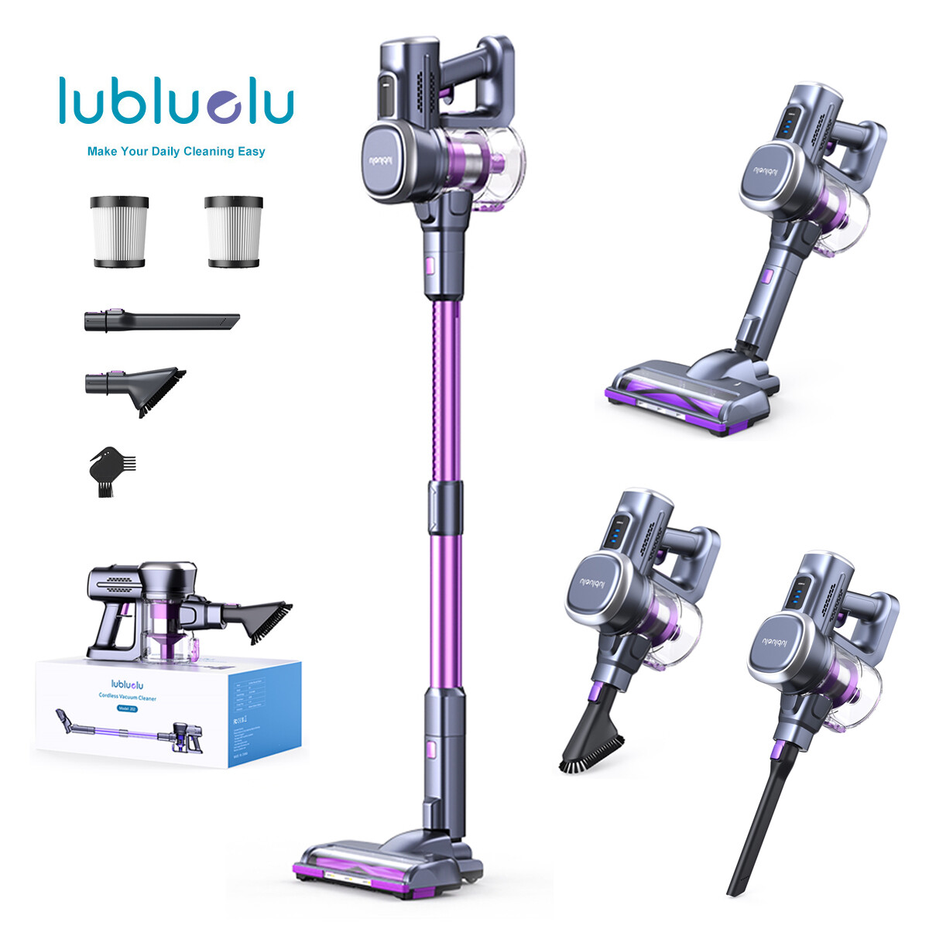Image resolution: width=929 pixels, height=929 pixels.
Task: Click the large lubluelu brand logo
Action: [177, 101]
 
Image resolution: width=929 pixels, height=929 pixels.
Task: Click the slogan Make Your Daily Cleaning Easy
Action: [177, 152]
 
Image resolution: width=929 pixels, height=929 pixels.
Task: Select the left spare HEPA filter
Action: [118, 231]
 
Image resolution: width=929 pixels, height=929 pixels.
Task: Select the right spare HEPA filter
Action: [233, 231]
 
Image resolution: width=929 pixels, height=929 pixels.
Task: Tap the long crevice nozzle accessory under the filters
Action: [161, 321]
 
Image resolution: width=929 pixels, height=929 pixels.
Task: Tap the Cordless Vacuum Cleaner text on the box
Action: [133, 698]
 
